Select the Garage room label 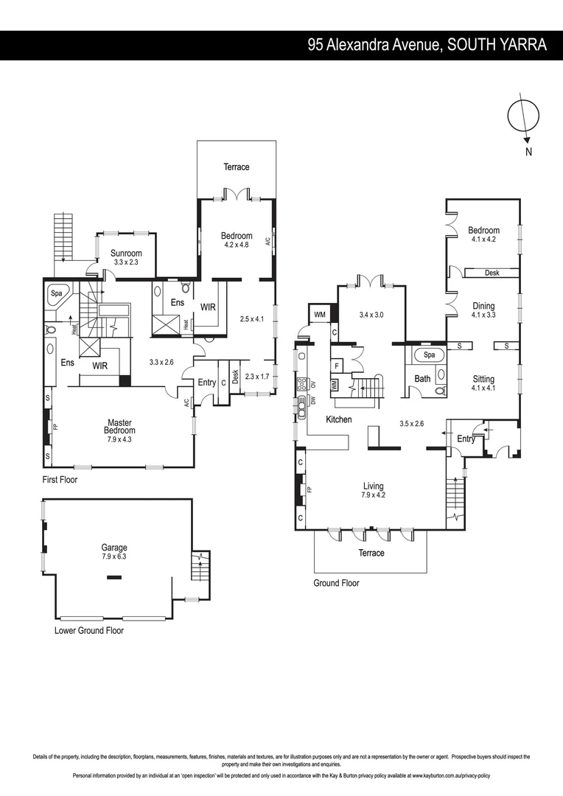click(114, 548)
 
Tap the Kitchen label click(339, 419)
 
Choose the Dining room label click(483, 306)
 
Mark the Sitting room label click(483, 379)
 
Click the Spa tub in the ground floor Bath click(428, 355)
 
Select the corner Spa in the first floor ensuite click(56, 293)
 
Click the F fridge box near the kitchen click(336, 365)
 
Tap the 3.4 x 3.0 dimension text click(371, 315)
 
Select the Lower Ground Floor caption click(89, 631)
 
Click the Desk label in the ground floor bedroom click(492, 273)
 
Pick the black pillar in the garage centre click(113, 578)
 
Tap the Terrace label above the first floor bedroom click(237, 167)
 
